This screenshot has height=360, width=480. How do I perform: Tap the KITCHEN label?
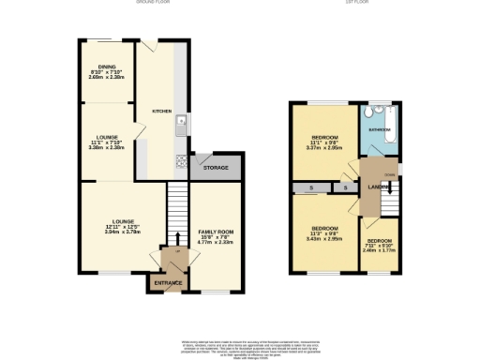162,110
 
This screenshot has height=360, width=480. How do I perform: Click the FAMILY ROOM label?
215,231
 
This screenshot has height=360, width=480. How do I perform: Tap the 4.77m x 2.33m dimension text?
215,242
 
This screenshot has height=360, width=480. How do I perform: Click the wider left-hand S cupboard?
310,188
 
